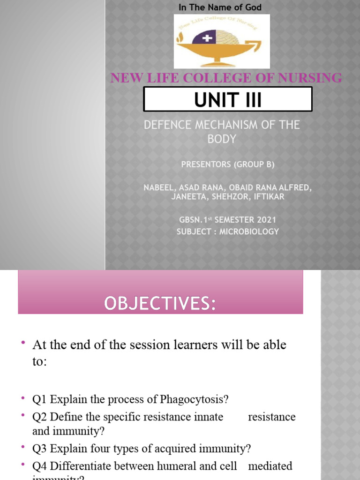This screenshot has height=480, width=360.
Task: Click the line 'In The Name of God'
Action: point(220,7)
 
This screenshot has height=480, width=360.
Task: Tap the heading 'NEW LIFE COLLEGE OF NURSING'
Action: point(226,78)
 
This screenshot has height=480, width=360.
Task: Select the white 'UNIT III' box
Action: point(228,99)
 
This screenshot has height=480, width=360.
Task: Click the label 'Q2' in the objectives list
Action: point(40,417)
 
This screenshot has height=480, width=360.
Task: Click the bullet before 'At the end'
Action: point(22,344)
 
